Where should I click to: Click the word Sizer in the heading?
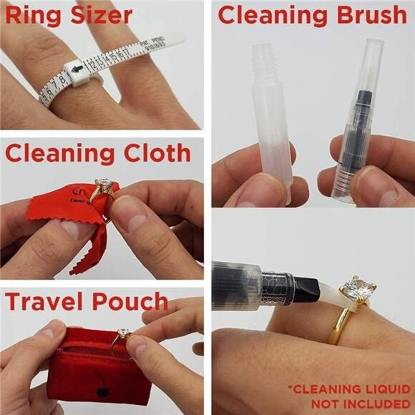(x=97, y=14)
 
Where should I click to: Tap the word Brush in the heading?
(x=366, y=14)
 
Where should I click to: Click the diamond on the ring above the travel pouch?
(x=123, y=333)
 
